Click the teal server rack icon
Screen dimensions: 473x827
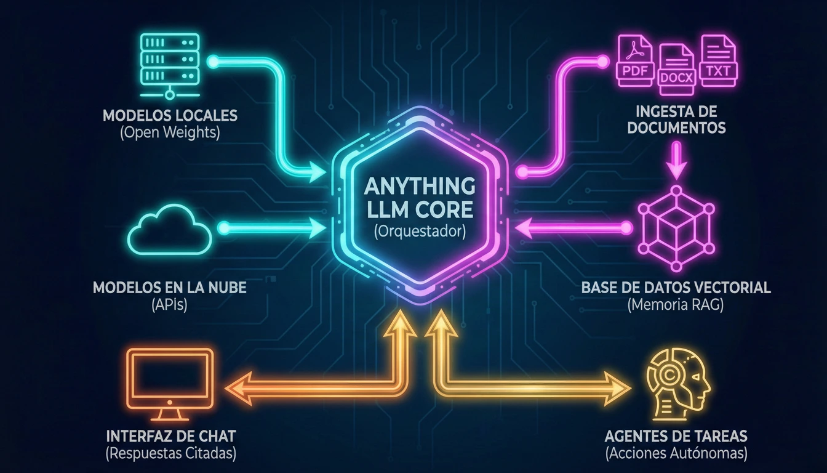[x=169, y=65]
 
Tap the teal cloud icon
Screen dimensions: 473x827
[x=170, y=231]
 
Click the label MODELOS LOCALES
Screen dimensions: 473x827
[x=170, y=116]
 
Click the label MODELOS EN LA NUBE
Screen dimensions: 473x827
[x=170, y=288]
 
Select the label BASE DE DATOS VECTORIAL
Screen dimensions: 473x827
[x=676, y=288]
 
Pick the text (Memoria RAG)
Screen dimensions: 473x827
[x=676, y=304]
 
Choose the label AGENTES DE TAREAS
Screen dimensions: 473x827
[x=676, y=437]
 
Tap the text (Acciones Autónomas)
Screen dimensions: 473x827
[x=676, y=454]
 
